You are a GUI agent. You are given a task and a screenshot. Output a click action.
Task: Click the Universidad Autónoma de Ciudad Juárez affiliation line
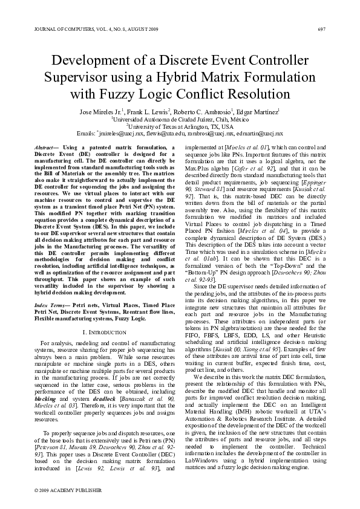tap(180, 120)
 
